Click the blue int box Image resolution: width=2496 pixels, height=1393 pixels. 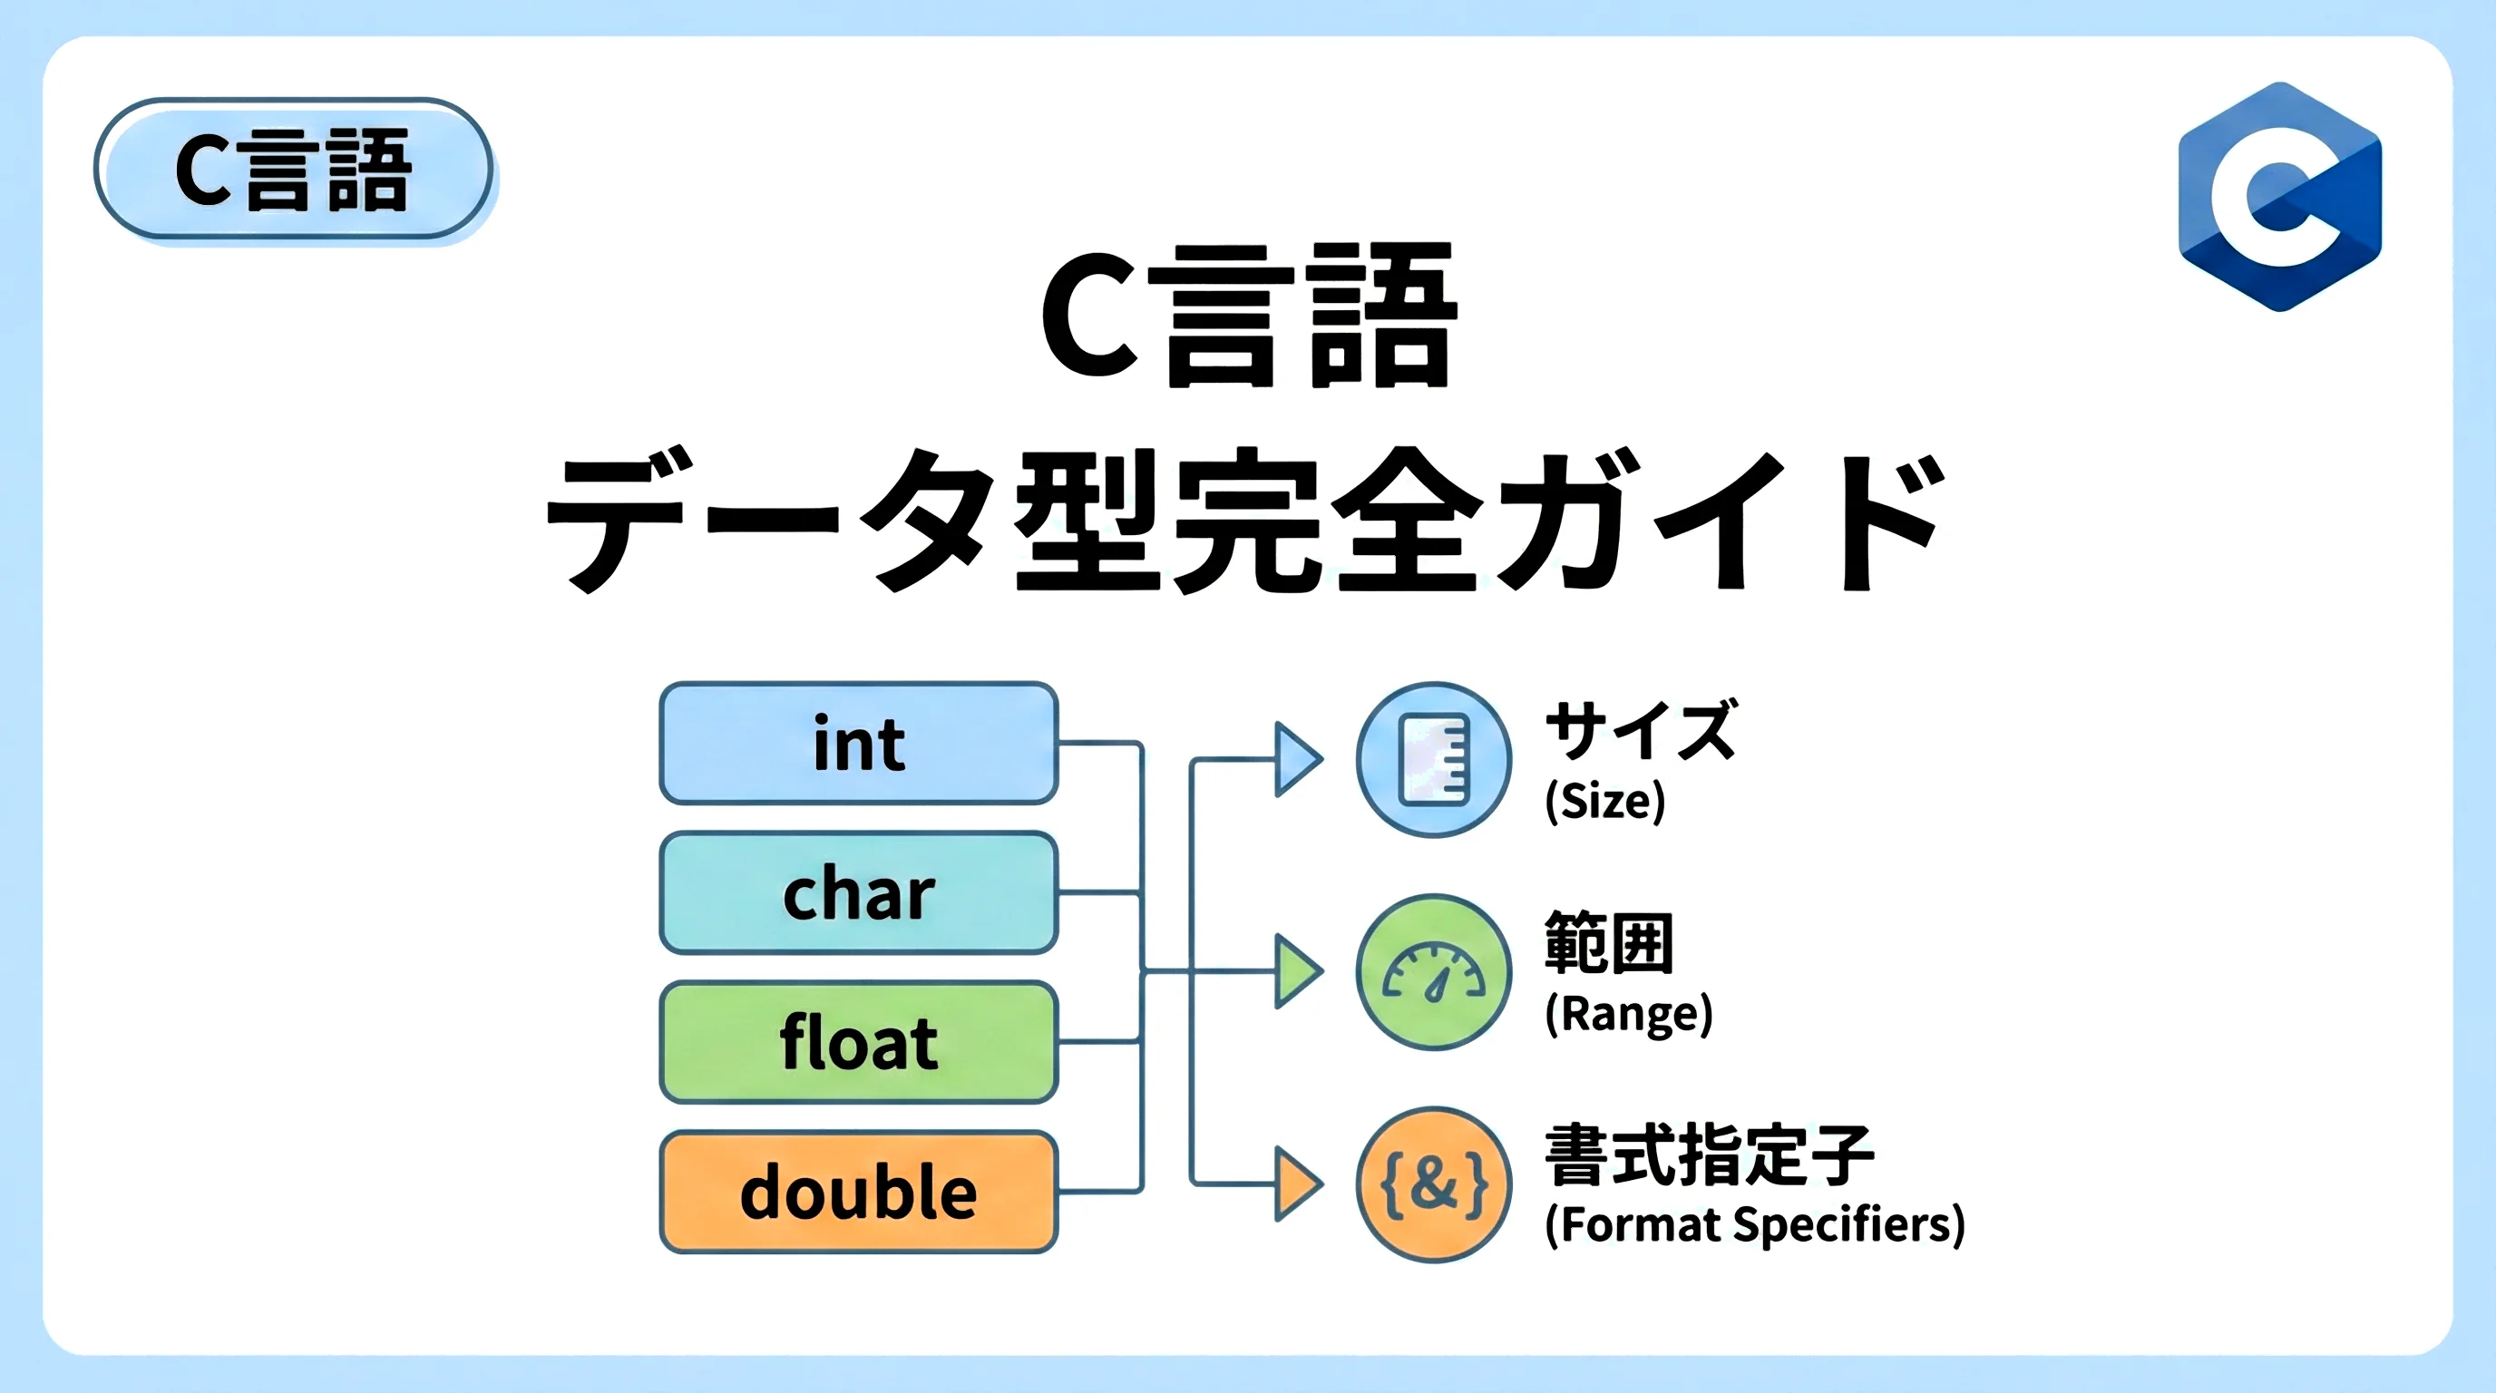pyautogui.click(x=859, y=743)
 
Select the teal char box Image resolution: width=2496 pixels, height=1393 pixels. pyautogui.click(x=859, y=892)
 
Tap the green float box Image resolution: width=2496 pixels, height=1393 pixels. pyautogui.click(x=859, y=1041)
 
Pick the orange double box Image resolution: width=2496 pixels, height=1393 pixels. pyautogui.click(x=859, y=1191)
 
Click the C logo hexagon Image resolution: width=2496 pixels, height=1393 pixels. pyautogui.click(x=2280, y=197)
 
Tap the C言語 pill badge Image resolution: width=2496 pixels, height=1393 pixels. pyautogui.click(x=295, y=170)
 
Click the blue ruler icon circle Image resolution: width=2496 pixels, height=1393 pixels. pyautogui.click(x=1434, y=759)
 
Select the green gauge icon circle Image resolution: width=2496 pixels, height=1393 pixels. pyautogui.click(x=1434, y=971)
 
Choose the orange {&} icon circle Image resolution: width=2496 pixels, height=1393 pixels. pyautogui.click(x=1434, y=1184)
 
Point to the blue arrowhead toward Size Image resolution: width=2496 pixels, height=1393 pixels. pyautogui.click(x=1296, y=759)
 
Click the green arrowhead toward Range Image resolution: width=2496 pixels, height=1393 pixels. pyautogui.click(x=1296, y=971)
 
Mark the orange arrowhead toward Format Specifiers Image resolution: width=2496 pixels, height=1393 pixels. pyautogui.click(x=1296, y=1184)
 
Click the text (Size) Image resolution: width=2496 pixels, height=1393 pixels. pyautogui.click(x=1604, y=801)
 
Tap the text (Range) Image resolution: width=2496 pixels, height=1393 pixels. pyautogui.click(x=1629, y=1013)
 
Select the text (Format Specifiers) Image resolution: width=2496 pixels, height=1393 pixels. pyautogui.click(x=1755, y=1224)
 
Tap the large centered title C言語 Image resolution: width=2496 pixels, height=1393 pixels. pyautogui.click(x=1248, y=315)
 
